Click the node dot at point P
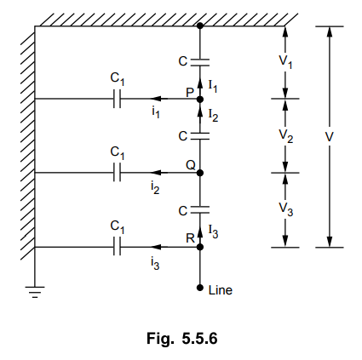point(200,100)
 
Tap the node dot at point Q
point(200,173)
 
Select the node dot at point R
point(200,247)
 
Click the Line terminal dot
point(200,288)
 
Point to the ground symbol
point(35,292)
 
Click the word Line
point(221,290)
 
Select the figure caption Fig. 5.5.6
point(182,339)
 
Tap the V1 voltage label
point(285,62)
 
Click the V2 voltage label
point(286,136)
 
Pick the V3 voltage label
point(286,209)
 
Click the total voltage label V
point(329,137)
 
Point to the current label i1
point(155,112)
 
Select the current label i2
point(155,187)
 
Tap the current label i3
point(155,264)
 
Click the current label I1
point(213,86)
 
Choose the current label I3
point(213,231)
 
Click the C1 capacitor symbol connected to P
point(117,99)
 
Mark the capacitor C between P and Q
point(200,136)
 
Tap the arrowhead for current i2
point(156,173)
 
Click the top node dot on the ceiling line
point(200,26)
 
